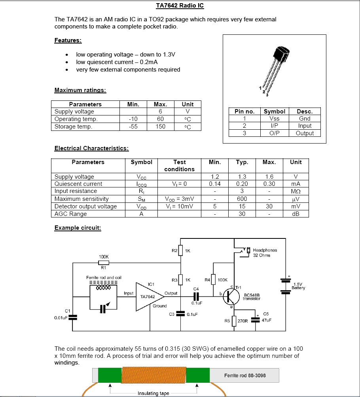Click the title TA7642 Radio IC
pyautogui.click(x=180, y=6)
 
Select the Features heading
pyautogui.click(x=68, y=40)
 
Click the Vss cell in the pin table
pyautogui.click(x=274, y=119)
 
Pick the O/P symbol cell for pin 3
pyautogui.click(x=274, y=133)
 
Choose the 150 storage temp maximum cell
pyautogui.click(x=160, y=127)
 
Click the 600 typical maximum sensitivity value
pyautogui.click(x=242, y=199)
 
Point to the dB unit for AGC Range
pyautogui.click(x=296, y=214)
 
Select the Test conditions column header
pyautogui.click(x=179, y=166)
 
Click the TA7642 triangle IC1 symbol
pyautogui.click(x=149, y=296)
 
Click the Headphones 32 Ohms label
pyautogui.click(x=265, y=253)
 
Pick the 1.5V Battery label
pyautogui.click(x=299, y=286)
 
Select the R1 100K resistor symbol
pyautogui.click(x=104, y=263)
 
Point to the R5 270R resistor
pyautogui.click(x=234, y=321)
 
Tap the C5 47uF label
pyautogui.click(x=266, y=317)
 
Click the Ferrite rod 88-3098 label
pyautogui.click(x=245, y=375)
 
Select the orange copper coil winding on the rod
pyautogui.click(x=153, y=375)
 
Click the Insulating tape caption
pyautogui.click(x=153, y=393)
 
